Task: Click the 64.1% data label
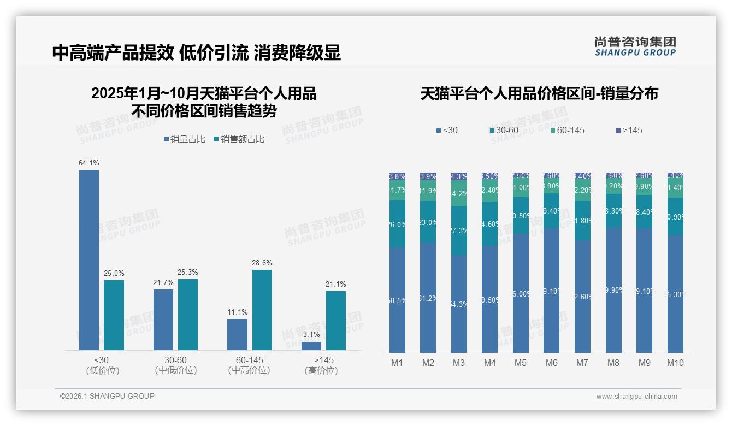click(x=88, y=163)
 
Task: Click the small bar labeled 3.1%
click(x=311, y=346)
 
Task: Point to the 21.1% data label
click(x=335, y=284)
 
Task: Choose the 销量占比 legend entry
click(x=185, y=139)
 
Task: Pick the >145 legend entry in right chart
click(x=629, y=130)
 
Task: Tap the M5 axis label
click(x=521, y=363)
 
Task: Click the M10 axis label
click(x=675, y=363)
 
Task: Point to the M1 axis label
click(x=397, y=363)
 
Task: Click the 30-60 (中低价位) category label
click(x=175, y=365)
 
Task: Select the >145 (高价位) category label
click(x=323, y=365)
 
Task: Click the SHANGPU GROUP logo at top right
click(x=635, y=46)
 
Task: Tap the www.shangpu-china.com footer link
click(x=636, y=397)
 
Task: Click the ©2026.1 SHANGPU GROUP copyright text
click(x=107, y=396)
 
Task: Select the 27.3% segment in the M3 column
click(x=459, y=230)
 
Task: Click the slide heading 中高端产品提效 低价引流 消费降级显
click(x=197, y=52)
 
